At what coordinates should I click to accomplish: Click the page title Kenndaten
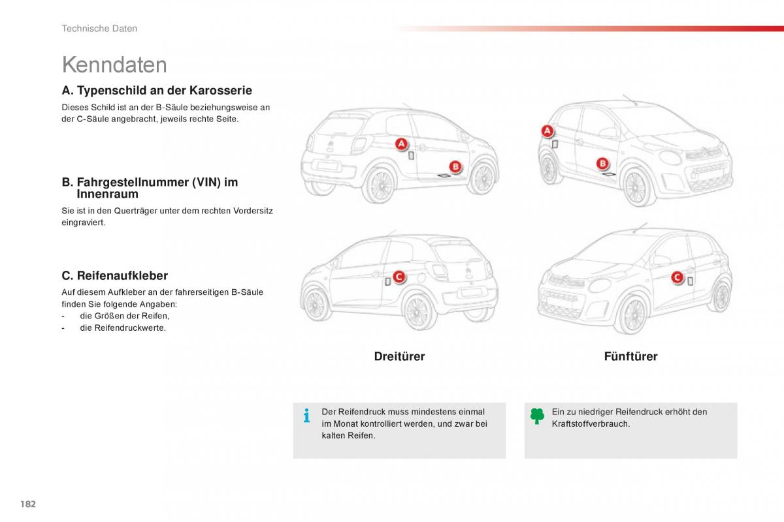[x=114, y=65]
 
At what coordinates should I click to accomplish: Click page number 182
[x=27, y=504]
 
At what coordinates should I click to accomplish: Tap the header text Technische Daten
[x=99, y=29]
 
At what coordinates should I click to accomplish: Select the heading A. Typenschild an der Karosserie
[x=157, y=91]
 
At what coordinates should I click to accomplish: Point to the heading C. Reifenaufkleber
[x=114, y=276]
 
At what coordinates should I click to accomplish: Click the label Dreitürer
[x=399, y=356]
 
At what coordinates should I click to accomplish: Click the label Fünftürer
[x=630, y=356]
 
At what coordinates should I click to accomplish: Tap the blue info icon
[x=306, y=416]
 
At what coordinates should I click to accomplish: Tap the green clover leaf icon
[x=537, y=416]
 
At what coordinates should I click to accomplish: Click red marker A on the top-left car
[x=400, y=144]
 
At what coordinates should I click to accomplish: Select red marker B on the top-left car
[x=455, y=166]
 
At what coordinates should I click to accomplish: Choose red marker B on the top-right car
[x=602, y=164]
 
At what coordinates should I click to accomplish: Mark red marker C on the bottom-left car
[x=399, y=277]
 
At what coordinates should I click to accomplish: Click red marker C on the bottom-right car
[x=677, y=278]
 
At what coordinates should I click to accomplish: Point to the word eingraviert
[x=84, y=222]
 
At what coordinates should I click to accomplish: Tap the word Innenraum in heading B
[x=107, y=194]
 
